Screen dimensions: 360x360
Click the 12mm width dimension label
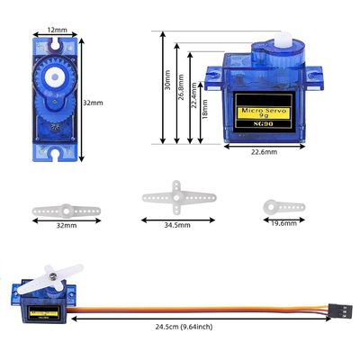click(57, 30)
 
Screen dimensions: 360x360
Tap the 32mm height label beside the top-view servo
click(93, 103)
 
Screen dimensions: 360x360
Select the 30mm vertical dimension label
click(167, 80)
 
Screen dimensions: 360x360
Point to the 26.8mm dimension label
click(181, 87)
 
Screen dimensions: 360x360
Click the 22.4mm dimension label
click(194, 95)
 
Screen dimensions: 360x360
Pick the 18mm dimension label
click(205, 109)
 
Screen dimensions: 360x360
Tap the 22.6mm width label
click(264, 152)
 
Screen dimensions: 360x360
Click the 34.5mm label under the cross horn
click(177, 225)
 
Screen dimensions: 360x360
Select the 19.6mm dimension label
click(283, 223)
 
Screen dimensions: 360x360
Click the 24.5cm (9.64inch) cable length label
click(184, 327)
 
